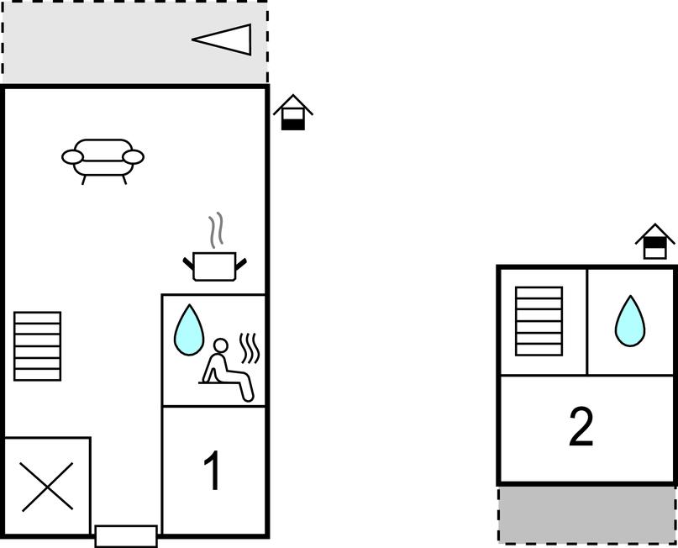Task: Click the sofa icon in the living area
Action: (102, 161)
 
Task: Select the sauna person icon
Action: (227, 370)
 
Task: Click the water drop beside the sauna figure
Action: (189, 330)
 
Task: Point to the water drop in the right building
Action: (630, 321)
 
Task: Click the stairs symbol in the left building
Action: (37, 346)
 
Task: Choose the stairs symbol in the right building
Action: (539, 321)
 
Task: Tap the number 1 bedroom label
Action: (213, 471)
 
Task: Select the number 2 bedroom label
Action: (581, 426)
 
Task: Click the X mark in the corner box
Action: (47, 487)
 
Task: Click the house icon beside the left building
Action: (293, 113)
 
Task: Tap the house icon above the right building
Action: (654, 241)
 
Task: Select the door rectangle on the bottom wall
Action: (126, 536)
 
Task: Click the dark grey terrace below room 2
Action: (587, 514)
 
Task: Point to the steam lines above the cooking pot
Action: (216, 229)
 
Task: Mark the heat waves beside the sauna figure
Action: (250, 348)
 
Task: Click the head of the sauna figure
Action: (220, 345)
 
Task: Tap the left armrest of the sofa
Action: (72, 157)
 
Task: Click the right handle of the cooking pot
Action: (241, 263)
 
